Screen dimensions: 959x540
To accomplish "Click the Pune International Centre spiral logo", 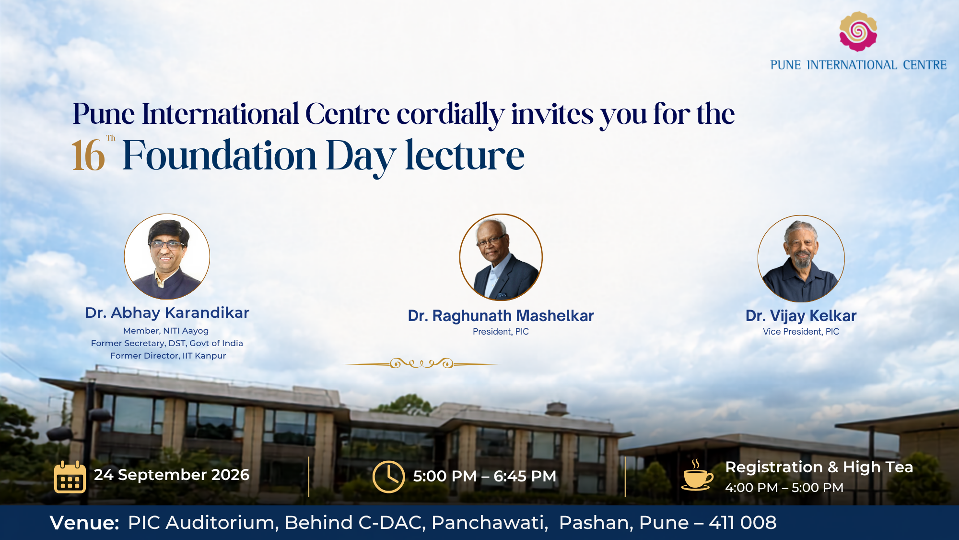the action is [858, 31].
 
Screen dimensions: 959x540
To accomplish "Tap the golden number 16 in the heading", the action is [88, 156].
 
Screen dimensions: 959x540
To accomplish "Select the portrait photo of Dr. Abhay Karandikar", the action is [167, 256].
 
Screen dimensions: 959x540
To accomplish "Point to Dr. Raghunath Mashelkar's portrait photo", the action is [501, 257].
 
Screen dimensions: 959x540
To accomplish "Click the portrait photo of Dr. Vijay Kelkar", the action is [801, 258].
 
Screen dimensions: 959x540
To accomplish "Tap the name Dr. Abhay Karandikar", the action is [167, 313].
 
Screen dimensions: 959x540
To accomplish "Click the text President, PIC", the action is [501, 332].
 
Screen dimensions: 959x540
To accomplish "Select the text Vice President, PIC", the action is [801, 332].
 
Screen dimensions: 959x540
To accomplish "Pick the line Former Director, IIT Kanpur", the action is [168, 356].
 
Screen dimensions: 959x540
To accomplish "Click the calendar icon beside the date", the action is [70, 477].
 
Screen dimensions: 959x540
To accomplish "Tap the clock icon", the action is [388, 477].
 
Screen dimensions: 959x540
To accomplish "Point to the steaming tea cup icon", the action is [697, 475].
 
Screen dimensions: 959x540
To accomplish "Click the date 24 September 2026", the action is [172, 475].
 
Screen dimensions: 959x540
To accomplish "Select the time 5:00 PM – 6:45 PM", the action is [485, 476].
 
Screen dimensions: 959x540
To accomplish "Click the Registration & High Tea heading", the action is [819, 467].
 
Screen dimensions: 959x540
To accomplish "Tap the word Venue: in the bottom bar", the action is [84, 523].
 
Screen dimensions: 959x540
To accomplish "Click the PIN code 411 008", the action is [743, 523].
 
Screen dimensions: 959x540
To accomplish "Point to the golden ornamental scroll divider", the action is [422, 363].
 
